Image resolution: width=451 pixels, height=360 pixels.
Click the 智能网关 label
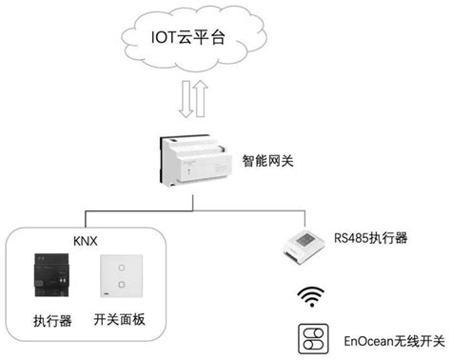pyautogui.click(x=267, y=162)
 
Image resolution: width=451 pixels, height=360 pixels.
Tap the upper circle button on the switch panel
pyautogui.click(x=117, y=267)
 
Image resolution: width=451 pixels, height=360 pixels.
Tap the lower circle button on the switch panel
pyautogui.click(x=117, y=286)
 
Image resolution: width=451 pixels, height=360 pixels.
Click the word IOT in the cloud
pyautogui.click(x=166, y=40)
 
